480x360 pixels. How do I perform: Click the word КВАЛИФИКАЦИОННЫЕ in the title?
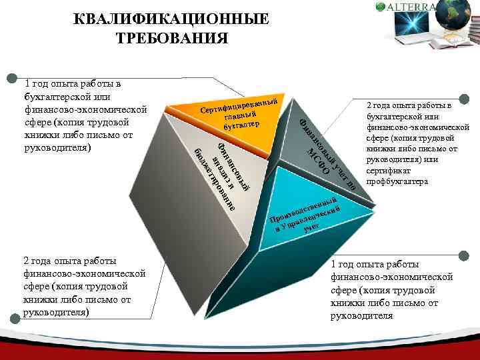[173, 19]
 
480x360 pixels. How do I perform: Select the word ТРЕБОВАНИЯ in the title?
[173, 38]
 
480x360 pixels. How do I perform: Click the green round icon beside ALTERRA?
[381, 7]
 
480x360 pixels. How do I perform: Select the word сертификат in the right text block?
[390, 171]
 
